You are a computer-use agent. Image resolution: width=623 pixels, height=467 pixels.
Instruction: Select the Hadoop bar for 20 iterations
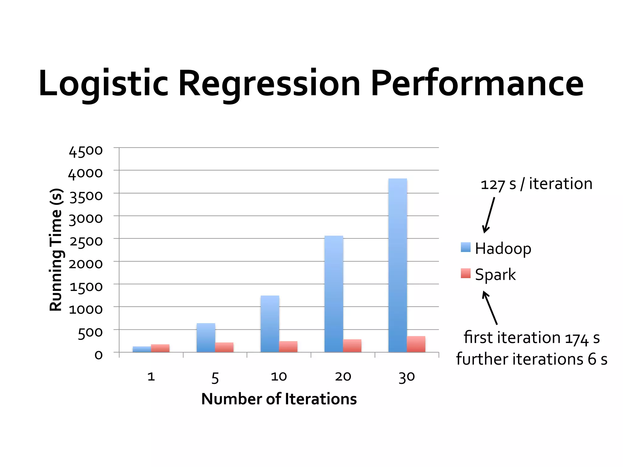point(334,294)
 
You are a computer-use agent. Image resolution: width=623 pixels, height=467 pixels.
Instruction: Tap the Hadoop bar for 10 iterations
point(270,323)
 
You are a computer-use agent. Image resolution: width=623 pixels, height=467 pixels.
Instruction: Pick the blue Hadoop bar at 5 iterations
point(206,337)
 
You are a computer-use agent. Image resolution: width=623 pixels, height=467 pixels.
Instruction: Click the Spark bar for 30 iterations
point(416,344)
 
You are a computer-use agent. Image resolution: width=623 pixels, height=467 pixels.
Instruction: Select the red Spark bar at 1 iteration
point(160,348)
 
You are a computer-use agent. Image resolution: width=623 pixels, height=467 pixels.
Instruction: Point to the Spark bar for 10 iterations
point(288,347)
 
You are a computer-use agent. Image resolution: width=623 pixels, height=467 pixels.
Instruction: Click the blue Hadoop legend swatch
point(465,247)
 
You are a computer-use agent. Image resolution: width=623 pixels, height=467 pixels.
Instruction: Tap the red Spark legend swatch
point(465,273)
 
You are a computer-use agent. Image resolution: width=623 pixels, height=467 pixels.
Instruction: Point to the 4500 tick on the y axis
point(86,151)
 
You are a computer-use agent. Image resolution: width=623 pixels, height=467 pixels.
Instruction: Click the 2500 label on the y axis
point(86,242)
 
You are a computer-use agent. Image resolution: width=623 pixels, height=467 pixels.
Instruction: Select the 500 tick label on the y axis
point(90,333)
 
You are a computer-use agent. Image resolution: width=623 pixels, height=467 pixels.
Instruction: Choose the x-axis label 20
point(343,377)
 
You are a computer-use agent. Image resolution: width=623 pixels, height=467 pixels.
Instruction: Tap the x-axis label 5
point(215,378)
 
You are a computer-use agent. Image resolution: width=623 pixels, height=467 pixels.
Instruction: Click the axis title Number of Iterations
point(279,399)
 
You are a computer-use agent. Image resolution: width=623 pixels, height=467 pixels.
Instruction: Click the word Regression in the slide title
point(269,84)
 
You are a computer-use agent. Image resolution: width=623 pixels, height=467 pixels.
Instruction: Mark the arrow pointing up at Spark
point(490,308)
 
